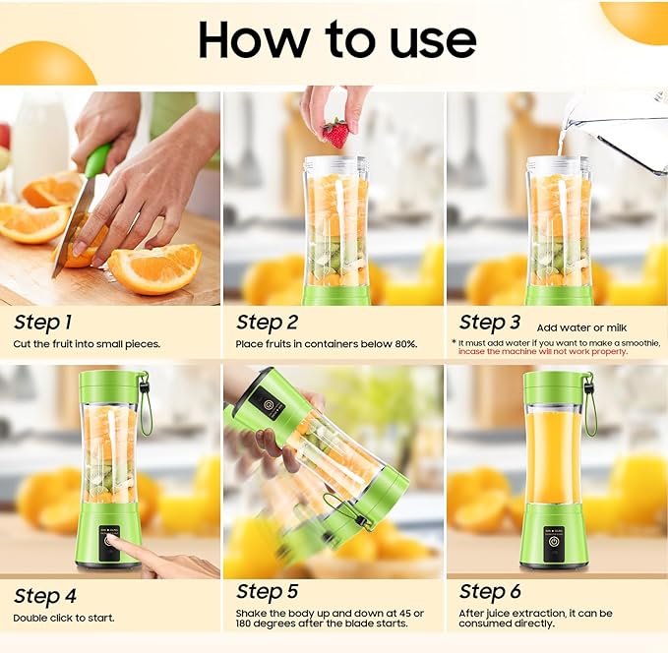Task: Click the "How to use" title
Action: (x=336, y=39)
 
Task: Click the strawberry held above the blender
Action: (x=335, y=134)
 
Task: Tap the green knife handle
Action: (x=96, y=160)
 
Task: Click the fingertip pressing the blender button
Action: (x=110, y=541)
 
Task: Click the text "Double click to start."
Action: (x=64, y=618)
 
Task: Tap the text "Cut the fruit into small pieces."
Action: (x=87, y=344)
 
